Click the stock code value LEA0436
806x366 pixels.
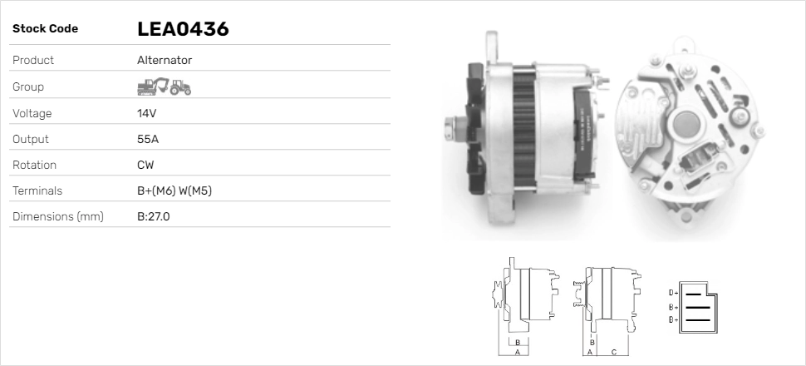(183, 29)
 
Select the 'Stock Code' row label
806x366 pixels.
(45, 29)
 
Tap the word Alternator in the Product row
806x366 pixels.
(165, 60)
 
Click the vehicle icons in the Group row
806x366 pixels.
(164, 86)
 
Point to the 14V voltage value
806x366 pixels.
(146, 113)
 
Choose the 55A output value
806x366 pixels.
(147, 139)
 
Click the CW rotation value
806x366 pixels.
(145, 165)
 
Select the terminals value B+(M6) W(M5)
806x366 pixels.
(174, 190)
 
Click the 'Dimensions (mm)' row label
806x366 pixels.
(57, 217)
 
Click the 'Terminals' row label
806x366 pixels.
(37, 190)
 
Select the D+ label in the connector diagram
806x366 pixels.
(673, 293)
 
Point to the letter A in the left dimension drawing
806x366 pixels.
(518, 353)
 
